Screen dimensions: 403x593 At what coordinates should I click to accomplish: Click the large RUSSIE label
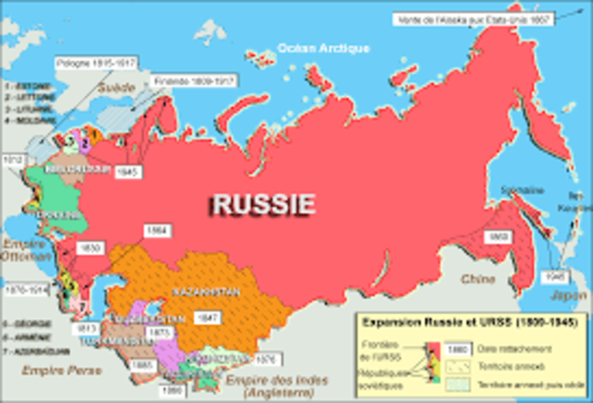tap(262, 203)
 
